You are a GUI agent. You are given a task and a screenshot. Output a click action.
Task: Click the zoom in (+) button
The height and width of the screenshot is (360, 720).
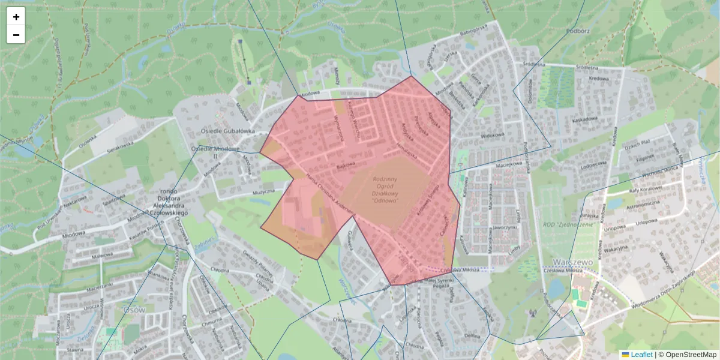16,17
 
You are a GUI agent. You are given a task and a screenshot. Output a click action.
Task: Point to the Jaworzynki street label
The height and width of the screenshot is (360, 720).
503,228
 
